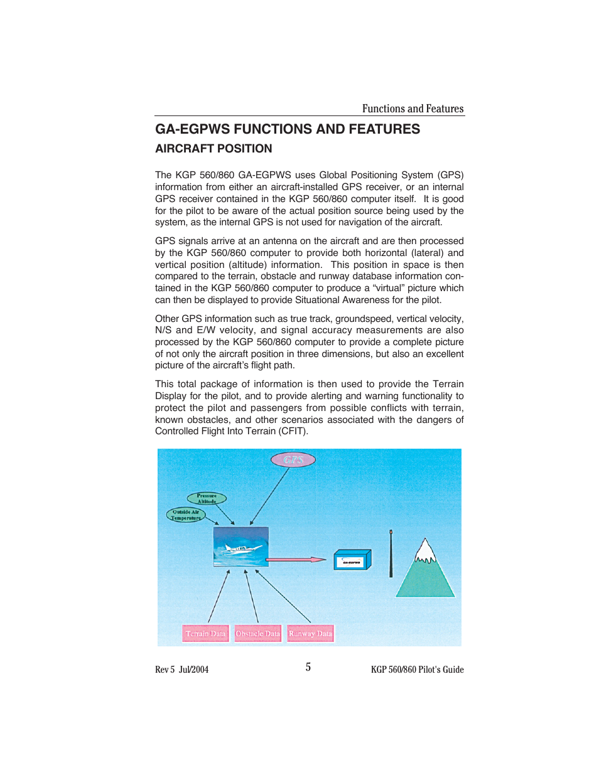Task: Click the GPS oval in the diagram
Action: pos(293,460)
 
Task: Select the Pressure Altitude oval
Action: pos(207,498)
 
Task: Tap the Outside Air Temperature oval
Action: pos(186,515)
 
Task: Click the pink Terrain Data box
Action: pos(205,634)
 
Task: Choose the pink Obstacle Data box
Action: pos(258,634)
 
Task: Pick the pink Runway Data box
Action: pos(310,634)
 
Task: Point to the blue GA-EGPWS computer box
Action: pos(352,560)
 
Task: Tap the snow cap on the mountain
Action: pos(425,552)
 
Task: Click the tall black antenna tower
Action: pos(391,553)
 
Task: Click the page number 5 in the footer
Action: pos(308,667)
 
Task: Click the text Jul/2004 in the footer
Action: pos(193,670)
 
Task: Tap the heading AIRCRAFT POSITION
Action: pos(213,149)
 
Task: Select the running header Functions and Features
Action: pos(413,109)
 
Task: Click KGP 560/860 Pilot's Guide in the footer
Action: pos(417,670)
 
